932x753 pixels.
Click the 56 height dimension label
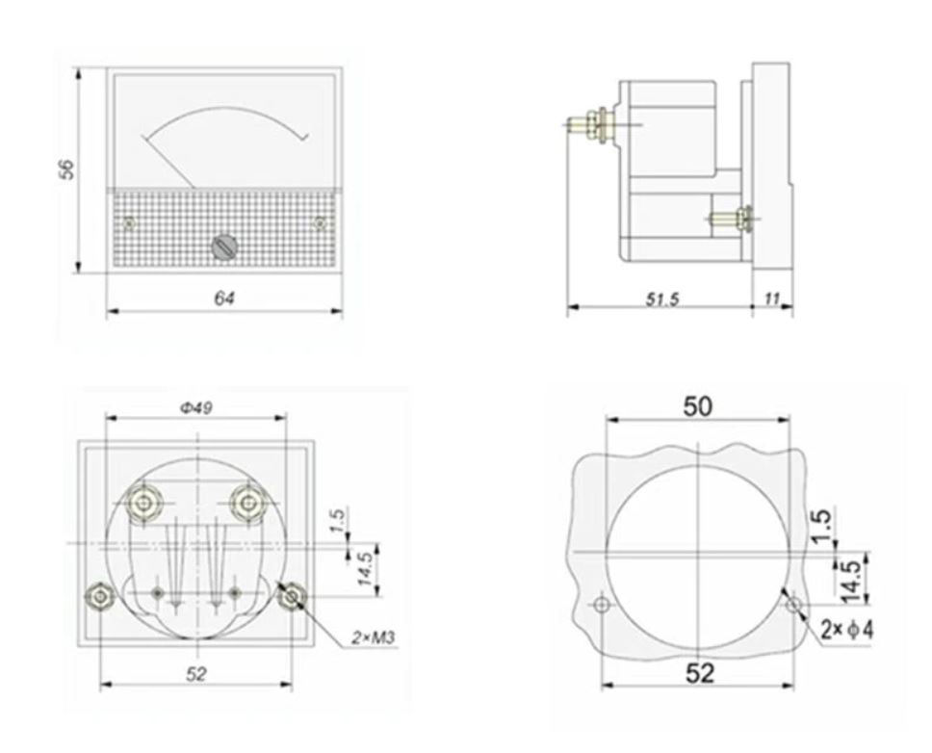tap(66, 169)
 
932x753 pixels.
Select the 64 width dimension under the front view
tap(223, 299)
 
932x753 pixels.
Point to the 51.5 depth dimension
tap(661, 299)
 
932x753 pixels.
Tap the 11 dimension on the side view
tap(772, 299)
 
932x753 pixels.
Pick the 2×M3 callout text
tap(371, 637)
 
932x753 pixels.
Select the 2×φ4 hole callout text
tap(847, 631)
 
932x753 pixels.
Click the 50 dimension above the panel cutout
tap(698, 406)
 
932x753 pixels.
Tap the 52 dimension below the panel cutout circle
tap(700, 673)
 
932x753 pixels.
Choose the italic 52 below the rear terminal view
tap(195, 674)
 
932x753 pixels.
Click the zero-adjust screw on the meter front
tap(223, 247)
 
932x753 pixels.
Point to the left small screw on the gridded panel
tap(129, 223)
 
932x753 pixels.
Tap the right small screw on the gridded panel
tap(320, 223)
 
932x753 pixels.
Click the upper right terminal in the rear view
tap(249, 502)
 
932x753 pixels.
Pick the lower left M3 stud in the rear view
tap(98, 597)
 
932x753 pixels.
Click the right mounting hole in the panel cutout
tap(794, 605)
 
